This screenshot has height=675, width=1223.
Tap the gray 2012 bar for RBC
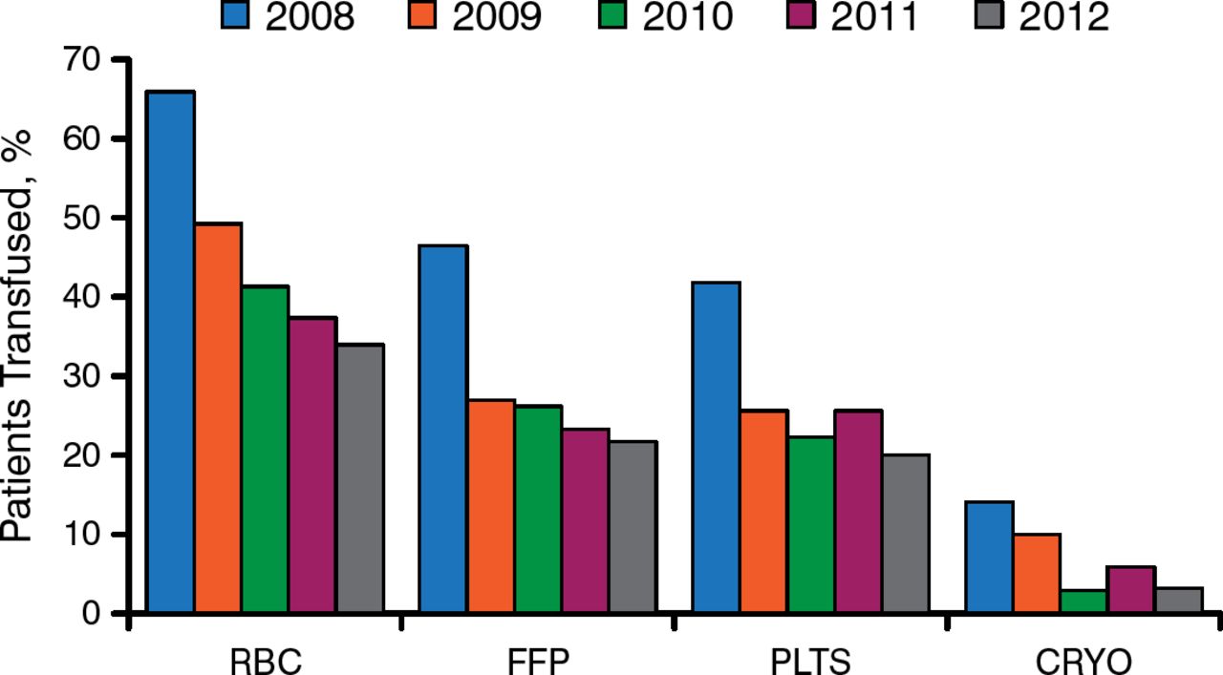pos(360,477)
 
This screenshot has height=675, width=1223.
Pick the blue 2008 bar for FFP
pos(443,429)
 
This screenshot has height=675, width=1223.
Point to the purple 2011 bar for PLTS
pos(858,511)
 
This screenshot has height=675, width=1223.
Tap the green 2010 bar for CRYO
pos(1084,601)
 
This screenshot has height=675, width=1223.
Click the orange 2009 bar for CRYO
pos(1037,573)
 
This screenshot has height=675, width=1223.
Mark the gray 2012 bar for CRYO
pos(1178,600)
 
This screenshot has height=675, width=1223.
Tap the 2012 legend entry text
pos(1063,17)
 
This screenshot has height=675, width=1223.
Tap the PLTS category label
pos(810,661)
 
